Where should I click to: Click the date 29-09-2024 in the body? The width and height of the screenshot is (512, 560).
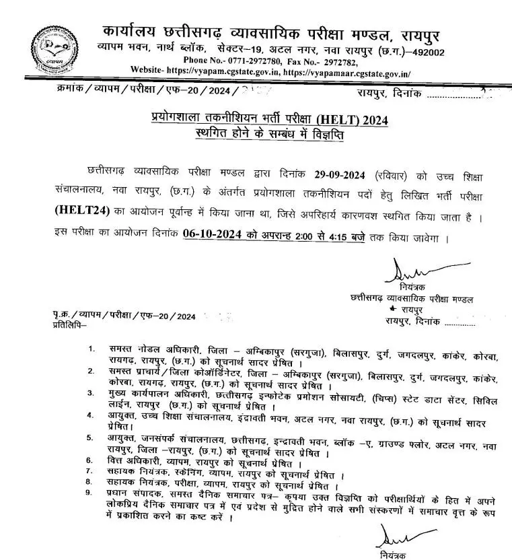[342, 176]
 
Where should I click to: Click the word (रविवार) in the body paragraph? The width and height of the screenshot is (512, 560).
[394, 176]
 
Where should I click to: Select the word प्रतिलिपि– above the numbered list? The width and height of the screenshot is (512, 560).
[70, 325]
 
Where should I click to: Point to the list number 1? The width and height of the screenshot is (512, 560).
[91, 349]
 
